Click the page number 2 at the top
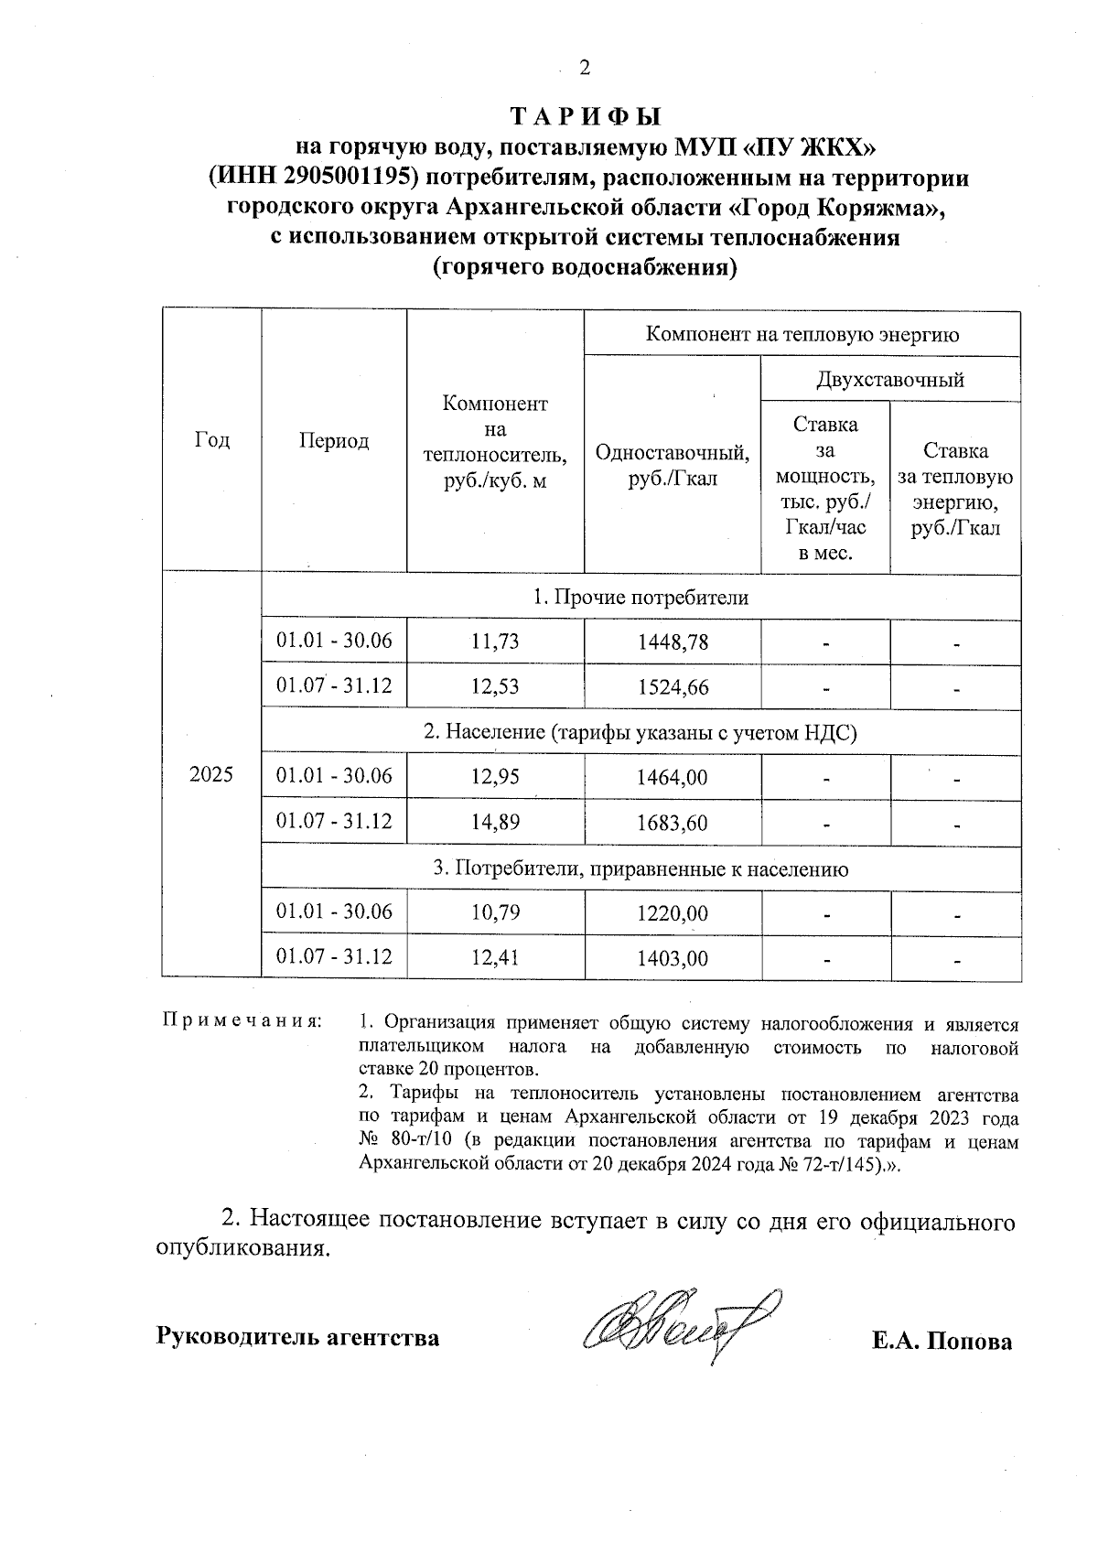585,69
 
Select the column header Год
212,440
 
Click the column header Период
334,440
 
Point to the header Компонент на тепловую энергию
802,334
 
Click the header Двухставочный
889,379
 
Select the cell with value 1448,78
673,642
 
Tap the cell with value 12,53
495,687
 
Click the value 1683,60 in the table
673,823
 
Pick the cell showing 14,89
495,823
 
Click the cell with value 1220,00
673,913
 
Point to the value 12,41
495,958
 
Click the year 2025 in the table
211,775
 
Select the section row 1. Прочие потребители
640,598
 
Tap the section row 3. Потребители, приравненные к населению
640,868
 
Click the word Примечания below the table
242,1019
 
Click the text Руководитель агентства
298,1337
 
